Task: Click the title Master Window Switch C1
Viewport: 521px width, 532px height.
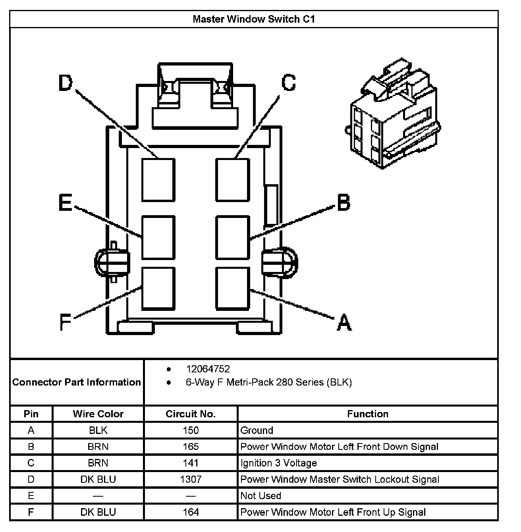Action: click(254, 19)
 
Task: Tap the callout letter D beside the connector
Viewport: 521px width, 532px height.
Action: click(66, 84)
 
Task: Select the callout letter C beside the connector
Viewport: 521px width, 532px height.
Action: click(289, 83)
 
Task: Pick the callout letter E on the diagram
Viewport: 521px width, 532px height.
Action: click(65, 202)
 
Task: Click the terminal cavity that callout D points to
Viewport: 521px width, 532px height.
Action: click(158, 180)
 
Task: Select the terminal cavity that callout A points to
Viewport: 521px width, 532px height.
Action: click(233, 288)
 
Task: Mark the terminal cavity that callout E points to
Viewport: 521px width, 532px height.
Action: click(158, 237)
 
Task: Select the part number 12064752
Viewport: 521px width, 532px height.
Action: click(208, 369)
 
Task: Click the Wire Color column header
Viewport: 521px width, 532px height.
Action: click(98, 414)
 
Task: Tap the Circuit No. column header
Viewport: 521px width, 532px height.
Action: click(191, 414)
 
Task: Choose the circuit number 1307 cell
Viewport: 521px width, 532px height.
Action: click(191, 479)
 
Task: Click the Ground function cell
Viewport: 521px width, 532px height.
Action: click(257, 430)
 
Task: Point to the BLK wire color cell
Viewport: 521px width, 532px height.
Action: click(98, 430)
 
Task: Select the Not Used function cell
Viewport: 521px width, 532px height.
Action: click(261, 495)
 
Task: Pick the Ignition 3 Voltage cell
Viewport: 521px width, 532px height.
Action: click(279, 463)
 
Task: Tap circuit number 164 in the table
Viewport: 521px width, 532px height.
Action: click(191, 512)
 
